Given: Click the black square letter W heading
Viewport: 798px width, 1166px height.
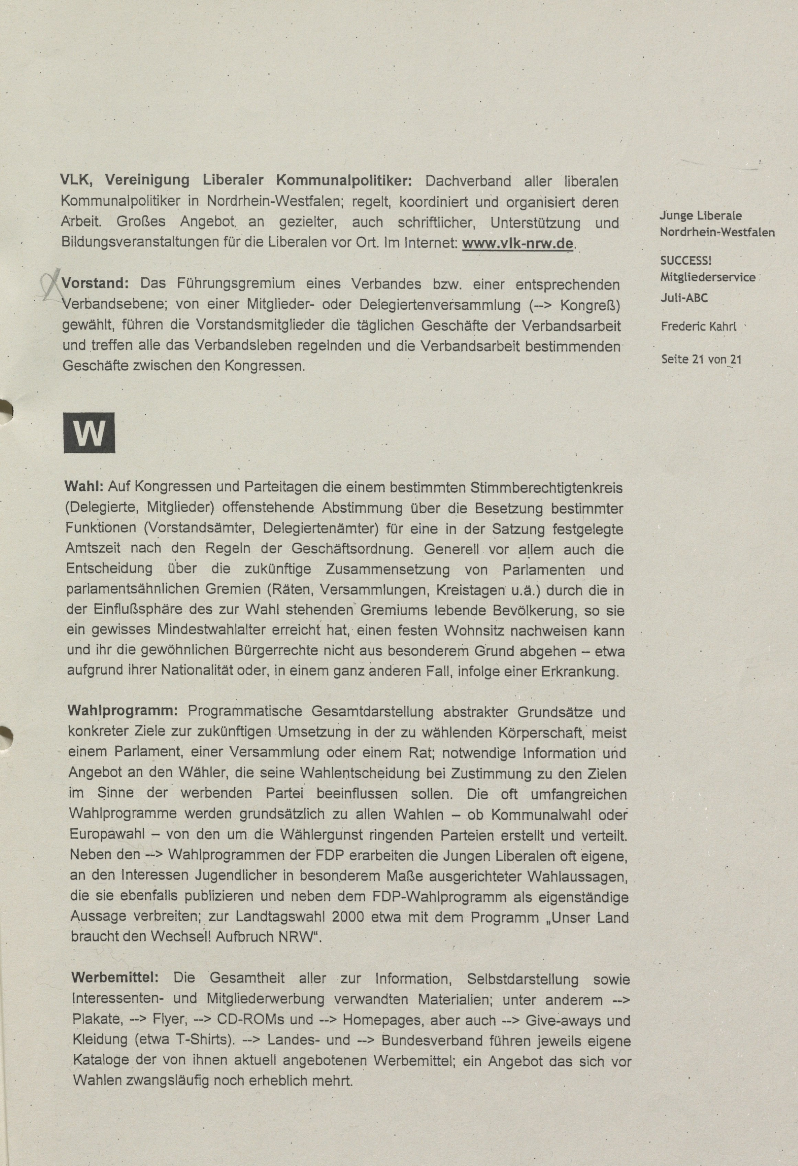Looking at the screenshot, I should click(89, 433).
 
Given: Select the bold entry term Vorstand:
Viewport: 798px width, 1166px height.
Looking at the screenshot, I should click(95, 284).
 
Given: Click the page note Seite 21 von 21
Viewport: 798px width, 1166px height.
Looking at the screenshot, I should click(701, 359).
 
